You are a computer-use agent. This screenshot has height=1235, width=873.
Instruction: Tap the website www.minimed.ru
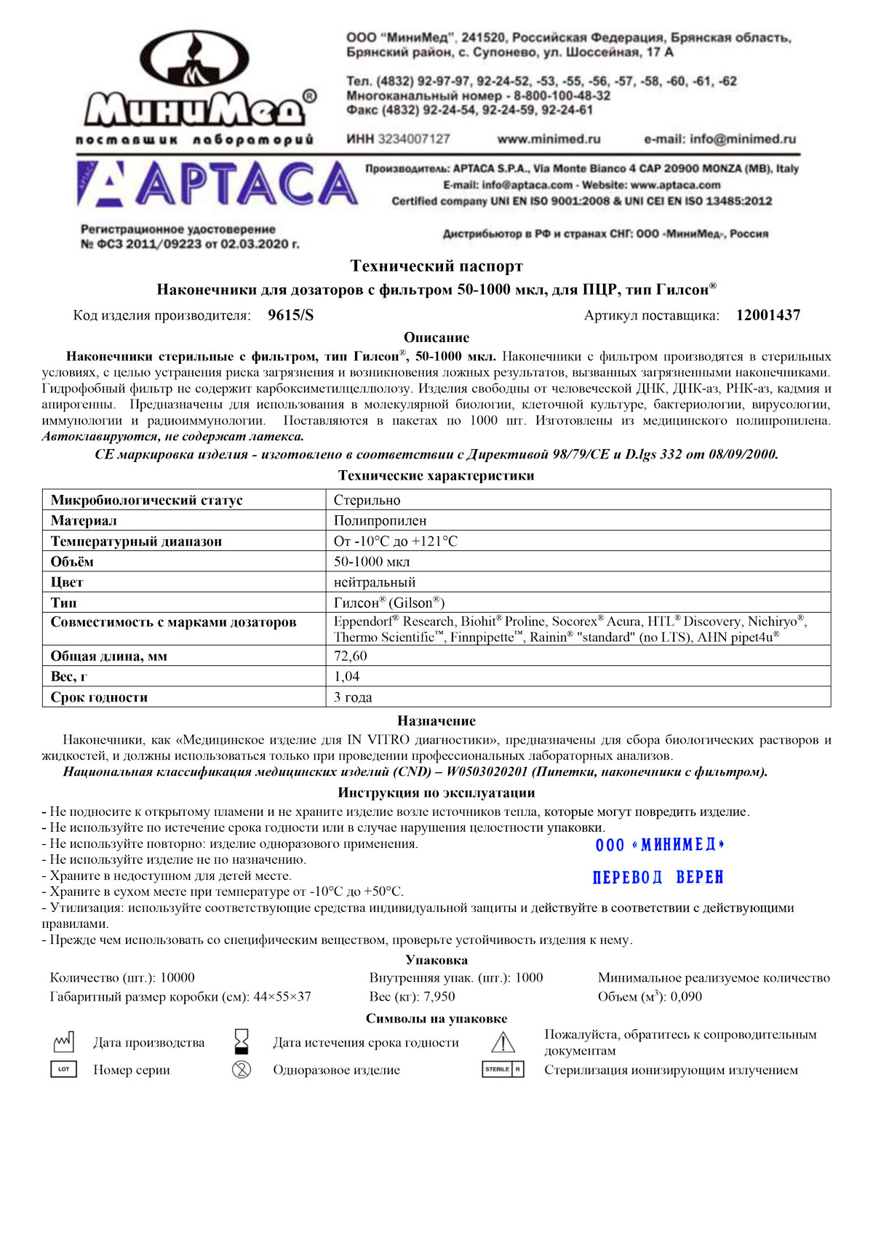549,139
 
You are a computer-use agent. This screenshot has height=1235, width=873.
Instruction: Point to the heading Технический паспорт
436,266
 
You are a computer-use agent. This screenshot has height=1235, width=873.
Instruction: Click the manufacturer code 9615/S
291,315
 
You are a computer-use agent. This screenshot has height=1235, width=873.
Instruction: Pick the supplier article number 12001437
768,315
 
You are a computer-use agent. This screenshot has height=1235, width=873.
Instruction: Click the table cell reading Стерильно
367,500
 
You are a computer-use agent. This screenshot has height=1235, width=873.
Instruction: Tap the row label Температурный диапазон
136,541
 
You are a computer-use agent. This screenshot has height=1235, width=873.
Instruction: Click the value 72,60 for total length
350,656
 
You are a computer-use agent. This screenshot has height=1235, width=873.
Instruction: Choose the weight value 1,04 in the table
346,676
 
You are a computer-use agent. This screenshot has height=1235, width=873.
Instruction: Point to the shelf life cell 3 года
353,696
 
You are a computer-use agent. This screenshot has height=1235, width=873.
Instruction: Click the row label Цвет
67,581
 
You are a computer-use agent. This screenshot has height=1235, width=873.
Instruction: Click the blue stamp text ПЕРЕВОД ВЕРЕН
658,877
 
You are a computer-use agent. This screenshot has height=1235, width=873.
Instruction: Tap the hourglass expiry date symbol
242,1041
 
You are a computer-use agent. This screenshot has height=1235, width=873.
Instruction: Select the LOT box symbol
63,1069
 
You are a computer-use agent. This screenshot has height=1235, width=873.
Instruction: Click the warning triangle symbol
503,1042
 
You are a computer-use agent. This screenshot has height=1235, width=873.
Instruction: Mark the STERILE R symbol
503,1069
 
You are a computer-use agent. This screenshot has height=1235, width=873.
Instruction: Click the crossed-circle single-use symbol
242,1069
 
